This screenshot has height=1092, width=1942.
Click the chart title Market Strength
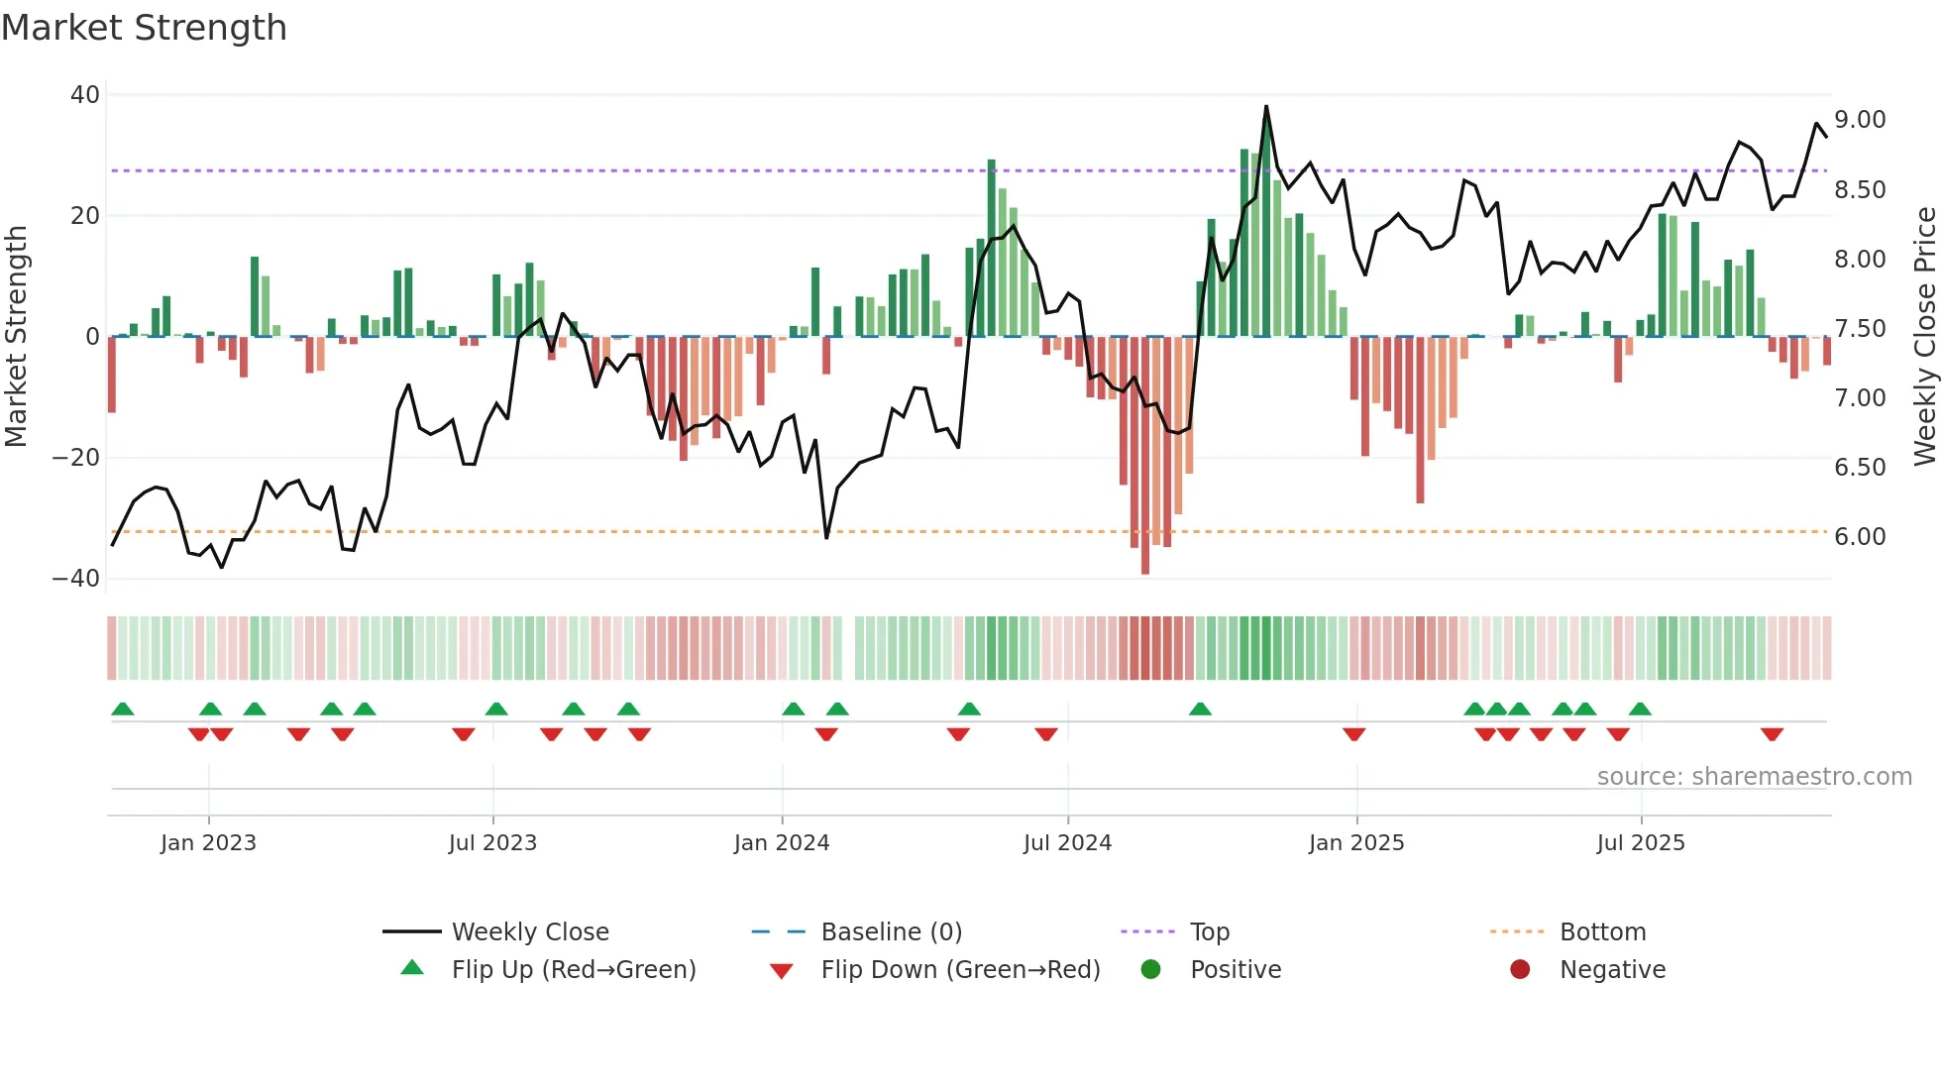144,28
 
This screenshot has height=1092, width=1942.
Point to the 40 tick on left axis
85,95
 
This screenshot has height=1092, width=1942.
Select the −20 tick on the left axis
76,458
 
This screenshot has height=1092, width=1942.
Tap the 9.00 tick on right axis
1860,120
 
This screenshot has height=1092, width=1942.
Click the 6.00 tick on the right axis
1860,537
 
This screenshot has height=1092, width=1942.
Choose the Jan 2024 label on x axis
781,843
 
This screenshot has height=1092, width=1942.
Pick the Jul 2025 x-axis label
1640,843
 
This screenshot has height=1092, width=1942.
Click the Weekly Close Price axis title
1924,336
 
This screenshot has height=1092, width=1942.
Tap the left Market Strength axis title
16,336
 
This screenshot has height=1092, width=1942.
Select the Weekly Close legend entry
529,932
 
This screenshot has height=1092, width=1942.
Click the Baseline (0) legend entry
891,932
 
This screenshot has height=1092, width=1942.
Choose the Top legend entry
1209,932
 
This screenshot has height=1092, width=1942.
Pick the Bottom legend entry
1602,932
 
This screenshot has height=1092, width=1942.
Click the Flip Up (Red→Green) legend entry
573,970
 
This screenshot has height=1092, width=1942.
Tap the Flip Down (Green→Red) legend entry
959,970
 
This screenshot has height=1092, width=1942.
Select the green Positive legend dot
1150,970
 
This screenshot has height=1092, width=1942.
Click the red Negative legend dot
1520,970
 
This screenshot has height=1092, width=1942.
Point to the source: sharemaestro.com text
1754,777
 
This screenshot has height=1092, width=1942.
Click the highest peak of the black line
1266,107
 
